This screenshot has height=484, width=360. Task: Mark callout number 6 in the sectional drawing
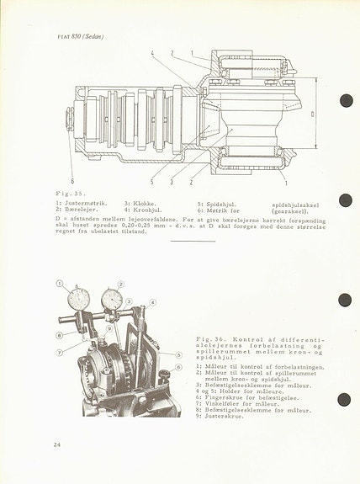click(72, 180)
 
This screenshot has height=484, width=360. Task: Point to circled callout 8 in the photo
click(59, 335)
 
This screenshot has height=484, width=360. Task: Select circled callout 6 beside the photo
click(178, 367)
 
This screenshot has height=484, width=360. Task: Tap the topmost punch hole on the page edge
click(345, 101)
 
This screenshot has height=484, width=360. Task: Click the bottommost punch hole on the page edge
click(344, 400)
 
